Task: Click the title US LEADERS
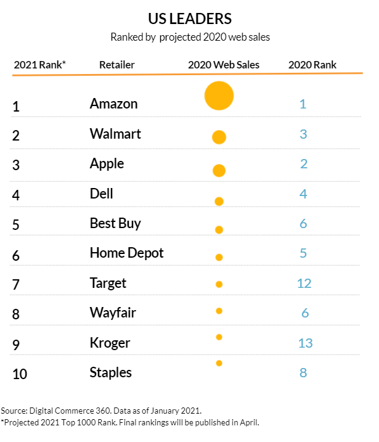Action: tap(189, 17)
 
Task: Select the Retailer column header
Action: tap(116, 65)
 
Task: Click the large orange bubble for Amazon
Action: tap(219, 96)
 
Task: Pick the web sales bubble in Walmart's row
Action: tap(219, 137)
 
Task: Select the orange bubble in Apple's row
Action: tap(219, 170)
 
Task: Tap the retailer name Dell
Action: tap(102, 194)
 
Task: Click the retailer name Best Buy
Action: tap(115, 223)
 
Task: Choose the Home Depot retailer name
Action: tap(127, 253)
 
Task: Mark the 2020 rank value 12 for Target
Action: tap(304, 283)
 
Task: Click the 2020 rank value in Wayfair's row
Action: tap(304, 313)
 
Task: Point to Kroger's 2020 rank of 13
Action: tap(305, 343)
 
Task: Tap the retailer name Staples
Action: tap(111, 372)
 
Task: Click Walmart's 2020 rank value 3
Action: tap(303, 134)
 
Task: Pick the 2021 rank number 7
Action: tap(15, 284)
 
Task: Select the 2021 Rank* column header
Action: tap(40, 65)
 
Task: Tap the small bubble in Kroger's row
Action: tap(219, 337)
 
